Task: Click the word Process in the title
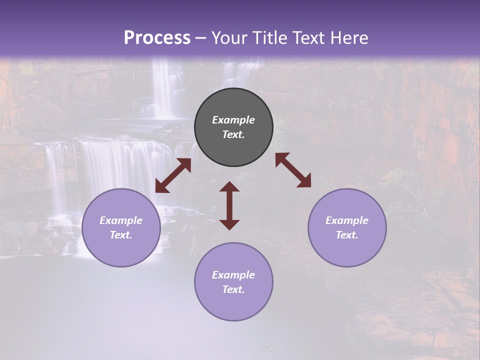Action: [157, 37]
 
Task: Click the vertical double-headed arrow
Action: [229, 205]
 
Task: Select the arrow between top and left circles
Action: [173, 175]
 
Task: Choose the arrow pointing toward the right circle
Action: [293, 170]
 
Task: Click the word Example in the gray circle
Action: [233, 120]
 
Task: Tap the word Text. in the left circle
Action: [121, 235]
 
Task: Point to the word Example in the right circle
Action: [347, 220]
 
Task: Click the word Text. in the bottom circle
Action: [233, 289]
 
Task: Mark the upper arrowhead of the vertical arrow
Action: [229, 186]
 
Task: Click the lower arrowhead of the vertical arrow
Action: [229, 224]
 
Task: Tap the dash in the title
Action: [201, 38]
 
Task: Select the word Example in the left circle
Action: [121, 220]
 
